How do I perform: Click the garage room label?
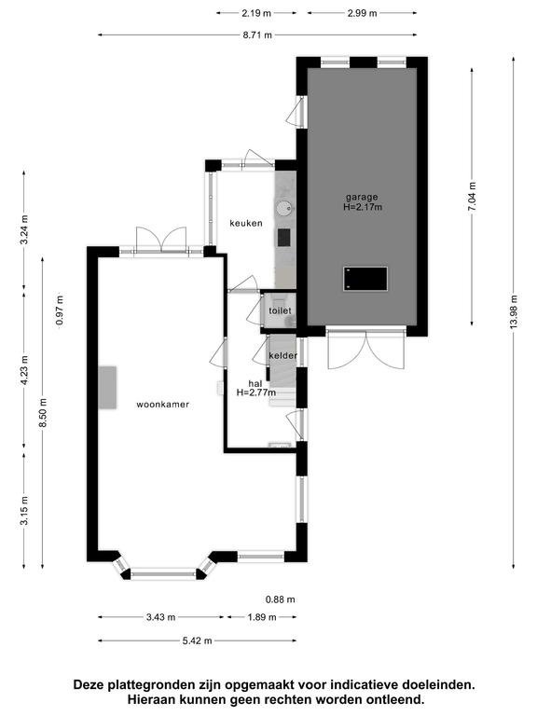coord(362,198)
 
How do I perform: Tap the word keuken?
coord(246,224)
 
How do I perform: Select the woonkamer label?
coord(162,404)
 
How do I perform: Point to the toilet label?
coord(280,310)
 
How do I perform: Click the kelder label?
coord(283,355)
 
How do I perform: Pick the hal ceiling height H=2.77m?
coord(256,392)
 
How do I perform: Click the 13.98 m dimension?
coord(515,311)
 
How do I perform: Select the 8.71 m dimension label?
coord(257,34)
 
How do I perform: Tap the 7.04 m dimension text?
coord(472,197)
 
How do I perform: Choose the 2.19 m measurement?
coord(256,13)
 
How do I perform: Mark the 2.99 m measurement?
coord(362,13)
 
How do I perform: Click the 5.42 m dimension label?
coord(198,640)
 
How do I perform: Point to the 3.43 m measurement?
coord(160,617)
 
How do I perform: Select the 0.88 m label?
coord(281,599)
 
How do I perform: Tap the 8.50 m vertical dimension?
coord(43,413)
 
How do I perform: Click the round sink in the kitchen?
coord(283,208)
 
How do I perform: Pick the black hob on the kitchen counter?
coord(283,238)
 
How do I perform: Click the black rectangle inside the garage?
coord(365,279)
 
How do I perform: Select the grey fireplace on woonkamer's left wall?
coord(108,387)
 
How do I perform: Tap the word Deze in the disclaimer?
coord(89,685)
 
